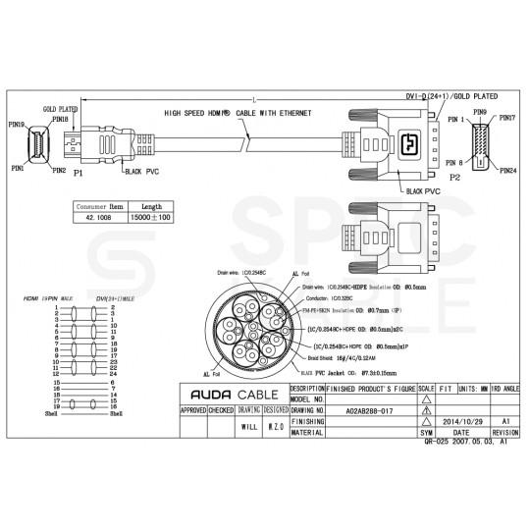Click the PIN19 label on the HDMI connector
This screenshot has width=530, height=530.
coord(17,124)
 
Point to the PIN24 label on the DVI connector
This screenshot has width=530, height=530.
coord(507,171)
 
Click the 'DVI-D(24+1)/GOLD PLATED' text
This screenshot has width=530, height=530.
coord(450,97)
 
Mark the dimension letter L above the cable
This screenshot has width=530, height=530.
coord(253,100)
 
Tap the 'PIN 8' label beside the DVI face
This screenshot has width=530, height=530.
coord(453,162)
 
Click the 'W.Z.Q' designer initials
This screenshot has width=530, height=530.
coord(276,428)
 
